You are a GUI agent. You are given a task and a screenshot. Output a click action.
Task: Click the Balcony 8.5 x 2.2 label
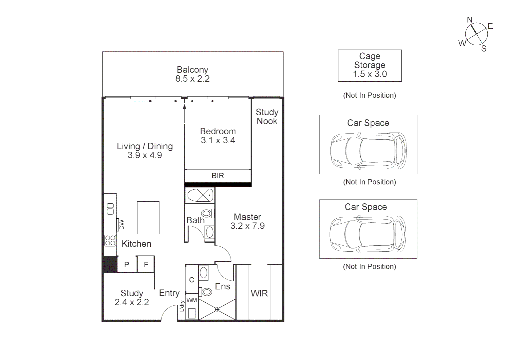pos(193,74)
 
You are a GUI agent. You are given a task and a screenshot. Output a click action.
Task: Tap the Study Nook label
pos(267,117)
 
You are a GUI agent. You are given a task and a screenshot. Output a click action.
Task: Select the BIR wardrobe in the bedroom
pos(218,175)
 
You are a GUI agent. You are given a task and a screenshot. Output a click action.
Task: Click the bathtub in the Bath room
pos(200,195)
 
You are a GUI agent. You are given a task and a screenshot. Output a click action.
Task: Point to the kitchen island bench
pos(148,218)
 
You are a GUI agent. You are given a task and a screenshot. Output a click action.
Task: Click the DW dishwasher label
pos(121,224)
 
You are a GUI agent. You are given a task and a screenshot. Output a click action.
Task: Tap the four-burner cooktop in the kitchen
pos(110,240)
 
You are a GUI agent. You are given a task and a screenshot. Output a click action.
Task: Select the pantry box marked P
pos(127,264)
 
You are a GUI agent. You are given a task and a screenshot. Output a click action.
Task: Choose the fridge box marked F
pos(146,264)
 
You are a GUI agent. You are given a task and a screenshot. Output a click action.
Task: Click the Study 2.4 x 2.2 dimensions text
pos(132,302)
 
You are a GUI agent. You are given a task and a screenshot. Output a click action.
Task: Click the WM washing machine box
pos(192,300)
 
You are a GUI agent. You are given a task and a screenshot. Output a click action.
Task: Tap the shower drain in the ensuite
pos(217,309)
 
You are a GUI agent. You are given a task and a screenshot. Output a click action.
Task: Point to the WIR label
pos(259,293)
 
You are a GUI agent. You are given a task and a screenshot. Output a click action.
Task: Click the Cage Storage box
pos(369,65)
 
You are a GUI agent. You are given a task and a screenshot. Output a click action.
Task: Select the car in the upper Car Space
pos(368,151)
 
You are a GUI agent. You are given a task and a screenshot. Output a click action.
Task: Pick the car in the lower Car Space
pos(368,234)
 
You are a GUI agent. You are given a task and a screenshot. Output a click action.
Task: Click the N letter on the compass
pos(470,20)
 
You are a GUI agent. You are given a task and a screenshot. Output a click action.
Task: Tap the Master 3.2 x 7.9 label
pos(248,221)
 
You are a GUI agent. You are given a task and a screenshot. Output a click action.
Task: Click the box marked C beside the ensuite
pos(192,280)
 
